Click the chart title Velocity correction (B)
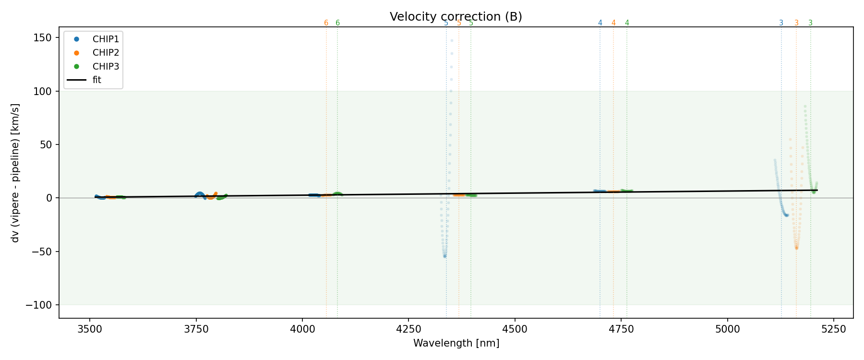(456, 17)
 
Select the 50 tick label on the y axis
(47, 145)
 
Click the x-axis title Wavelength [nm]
(456, 343)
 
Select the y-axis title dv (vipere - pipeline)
(15, 173)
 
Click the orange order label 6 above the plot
(326, 23)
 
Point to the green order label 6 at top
(337, 23)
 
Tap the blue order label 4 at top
(600, 23)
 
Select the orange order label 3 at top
(796, 23)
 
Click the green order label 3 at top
(811, 23)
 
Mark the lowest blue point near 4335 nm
(445, 256)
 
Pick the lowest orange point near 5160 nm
(796, 248)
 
